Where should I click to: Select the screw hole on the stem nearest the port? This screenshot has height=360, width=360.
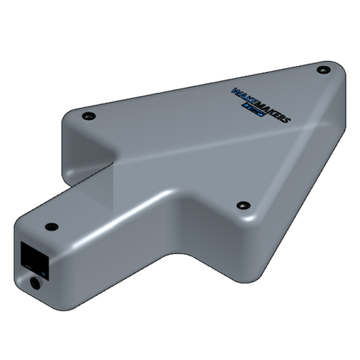[x=51, y=226]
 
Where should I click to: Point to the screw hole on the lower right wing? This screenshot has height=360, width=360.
[x=242, y=205]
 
